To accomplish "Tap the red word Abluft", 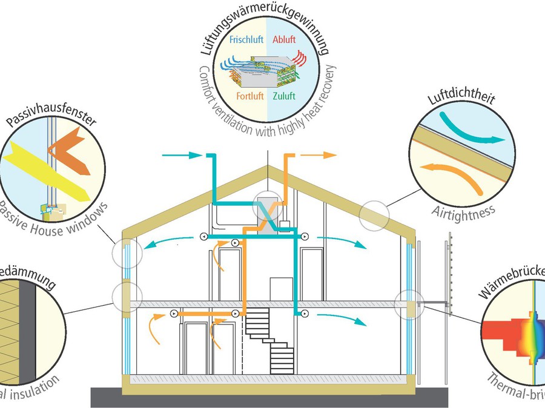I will [284, 40].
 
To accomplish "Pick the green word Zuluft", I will [284, 96].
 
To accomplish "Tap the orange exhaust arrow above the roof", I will [318, 156].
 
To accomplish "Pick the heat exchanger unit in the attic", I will [267, 209].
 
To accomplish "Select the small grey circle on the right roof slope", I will [371, 216].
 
